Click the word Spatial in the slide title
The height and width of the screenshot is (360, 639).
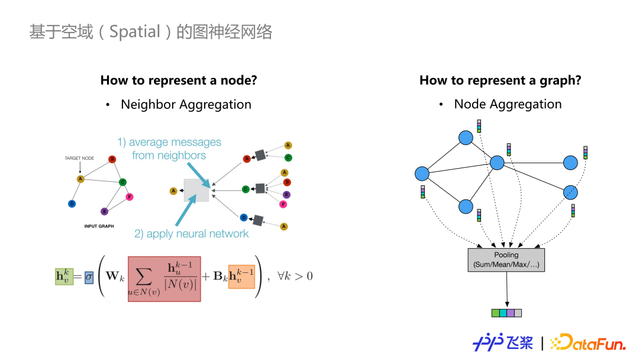click(x=135, y=31)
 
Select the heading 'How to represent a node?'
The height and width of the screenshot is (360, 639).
click(x=179, y=80)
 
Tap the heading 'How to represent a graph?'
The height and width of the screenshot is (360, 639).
click(x=500, y=80)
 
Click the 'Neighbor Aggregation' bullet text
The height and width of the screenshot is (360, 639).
click(x=186, y=104)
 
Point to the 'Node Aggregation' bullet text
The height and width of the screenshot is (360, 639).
click(x=508, y=104)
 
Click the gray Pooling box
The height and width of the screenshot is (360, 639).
click(x=506, y=259)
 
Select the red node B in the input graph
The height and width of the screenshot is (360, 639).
click(x=112, y=159)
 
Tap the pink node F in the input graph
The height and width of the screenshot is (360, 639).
click(x=130, y=197)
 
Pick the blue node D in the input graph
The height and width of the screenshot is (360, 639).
click(x=72, y=204)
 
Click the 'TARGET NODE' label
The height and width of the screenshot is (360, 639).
click(x=80, y=158)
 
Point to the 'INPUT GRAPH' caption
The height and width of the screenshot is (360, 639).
click(x=99, y=226)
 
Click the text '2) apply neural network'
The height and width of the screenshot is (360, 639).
click(x=192, y=234)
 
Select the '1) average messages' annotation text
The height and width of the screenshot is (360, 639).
click(x=169, y=142)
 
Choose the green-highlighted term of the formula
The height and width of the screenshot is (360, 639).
click(x=63, y=277)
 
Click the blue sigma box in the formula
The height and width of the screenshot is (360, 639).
click(x=89, y=277)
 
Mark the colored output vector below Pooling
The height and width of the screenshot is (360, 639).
click(x=506, y=313)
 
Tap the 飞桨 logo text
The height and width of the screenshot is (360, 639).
click(x=519, y=342)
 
